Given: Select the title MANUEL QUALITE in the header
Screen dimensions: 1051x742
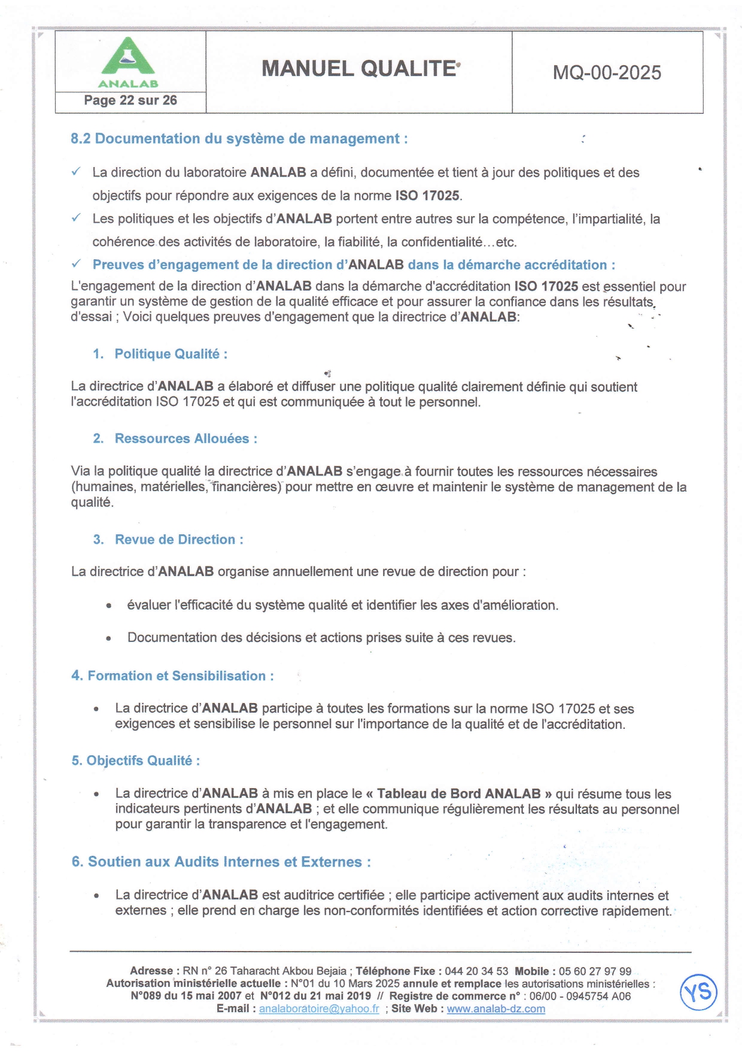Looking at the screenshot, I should coord(359,69).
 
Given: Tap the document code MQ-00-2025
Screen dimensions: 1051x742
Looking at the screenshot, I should coord(607,72).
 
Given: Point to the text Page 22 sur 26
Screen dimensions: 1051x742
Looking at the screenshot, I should coord(130,101).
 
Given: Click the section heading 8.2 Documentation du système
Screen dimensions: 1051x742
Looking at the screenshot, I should coord(239,139).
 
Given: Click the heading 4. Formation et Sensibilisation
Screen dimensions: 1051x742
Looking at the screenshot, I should coord(172,676).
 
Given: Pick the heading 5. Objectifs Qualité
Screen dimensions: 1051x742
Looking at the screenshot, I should coord(136,761).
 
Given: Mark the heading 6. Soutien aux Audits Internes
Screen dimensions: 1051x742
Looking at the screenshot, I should coord(221,862).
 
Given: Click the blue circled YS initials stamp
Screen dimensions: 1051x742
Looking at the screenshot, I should coord(698,992).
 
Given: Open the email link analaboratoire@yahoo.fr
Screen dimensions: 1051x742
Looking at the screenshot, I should coord(319,1009).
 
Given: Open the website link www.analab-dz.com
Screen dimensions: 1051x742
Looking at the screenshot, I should coord(496,1009).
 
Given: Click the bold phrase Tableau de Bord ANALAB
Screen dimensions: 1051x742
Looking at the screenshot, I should coord(458,794).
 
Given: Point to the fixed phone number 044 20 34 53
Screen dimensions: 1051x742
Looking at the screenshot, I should coord(476,971).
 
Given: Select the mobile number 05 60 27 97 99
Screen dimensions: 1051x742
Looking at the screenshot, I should coord(595,971).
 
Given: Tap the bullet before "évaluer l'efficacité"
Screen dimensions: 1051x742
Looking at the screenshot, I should coord(108,606).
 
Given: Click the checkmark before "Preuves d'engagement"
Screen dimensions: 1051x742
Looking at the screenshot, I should coord(76,264).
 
